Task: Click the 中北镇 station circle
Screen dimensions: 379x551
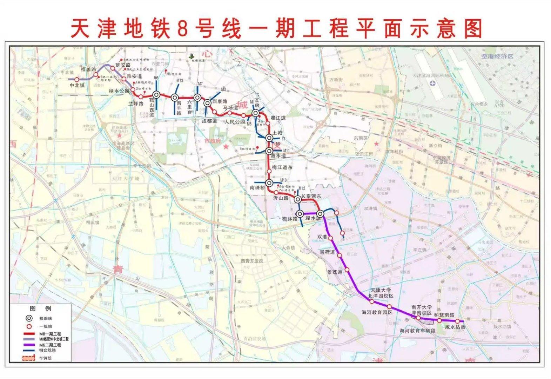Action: click(x=77, y=80)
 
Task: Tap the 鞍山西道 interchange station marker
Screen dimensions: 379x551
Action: click(x=156, y=94)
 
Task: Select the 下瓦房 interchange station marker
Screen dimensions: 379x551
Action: click(x=256, y=113)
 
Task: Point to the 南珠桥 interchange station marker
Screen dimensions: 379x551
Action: click(x=269, y=183)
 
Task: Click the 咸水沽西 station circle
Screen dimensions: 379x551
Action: click(x=457, y=321)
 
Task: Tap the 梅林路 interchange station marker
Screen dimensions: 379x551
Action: click(x=300, y=214)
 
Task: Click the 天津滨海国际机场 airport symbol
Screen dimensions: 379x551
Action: click(x=432, y=83)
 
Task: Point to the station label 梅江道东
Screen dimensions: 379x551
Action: click(x=282, y=168)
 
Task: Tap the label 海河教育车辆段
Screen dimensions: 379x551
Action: click(x=417, y=331)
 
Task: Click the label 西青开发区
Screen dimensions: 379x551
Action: click(x=252, y=261)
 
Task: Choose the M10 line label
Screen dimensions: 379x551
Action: click(x=284, y=180)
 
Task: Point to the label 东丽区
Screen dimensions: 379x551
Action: click(x=361, y=138)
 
